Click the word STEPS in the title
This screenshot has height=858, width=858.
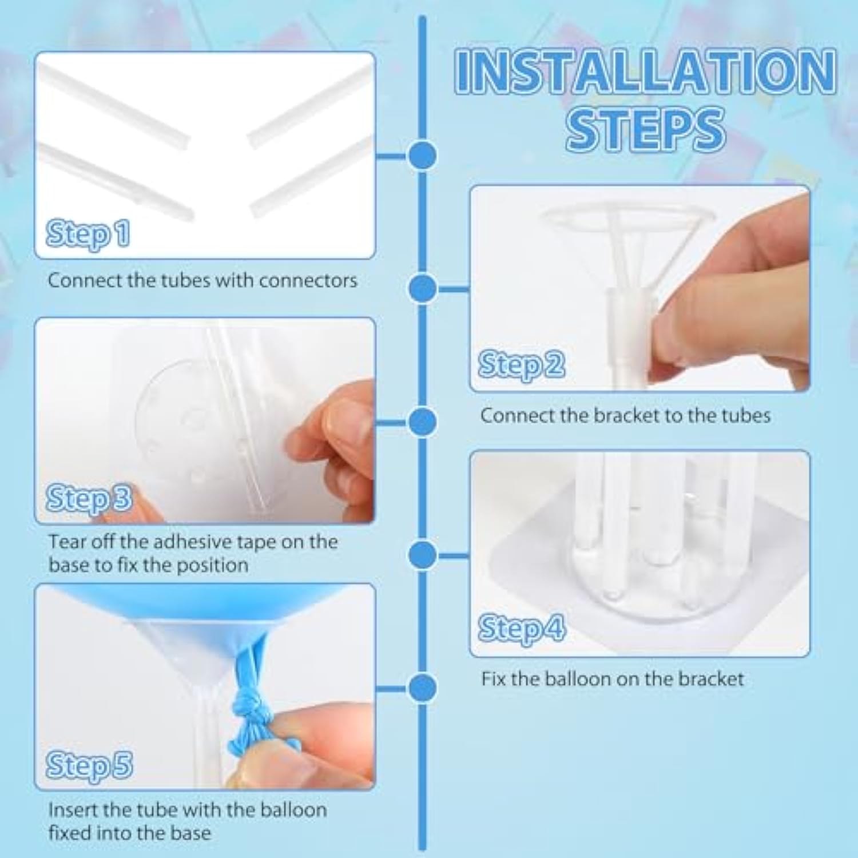645,129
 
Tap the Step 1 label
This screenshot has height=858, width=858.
88,233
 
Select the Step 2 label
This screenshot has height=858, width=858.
521,365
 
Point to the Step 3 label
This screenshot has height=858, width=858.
89,498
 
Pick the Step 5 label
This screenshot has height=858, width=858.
89,765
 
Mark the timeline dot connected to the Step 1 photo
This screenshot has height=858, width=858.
423,156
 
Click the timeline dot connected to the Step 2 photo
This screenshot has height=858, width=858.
423,288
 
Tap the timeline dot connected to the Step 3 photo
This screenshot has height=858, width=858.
423,422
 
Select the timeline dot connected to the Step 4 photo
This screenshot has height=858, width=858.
423,554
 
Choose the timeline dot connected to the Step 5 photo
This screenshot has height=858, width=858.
423,688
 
